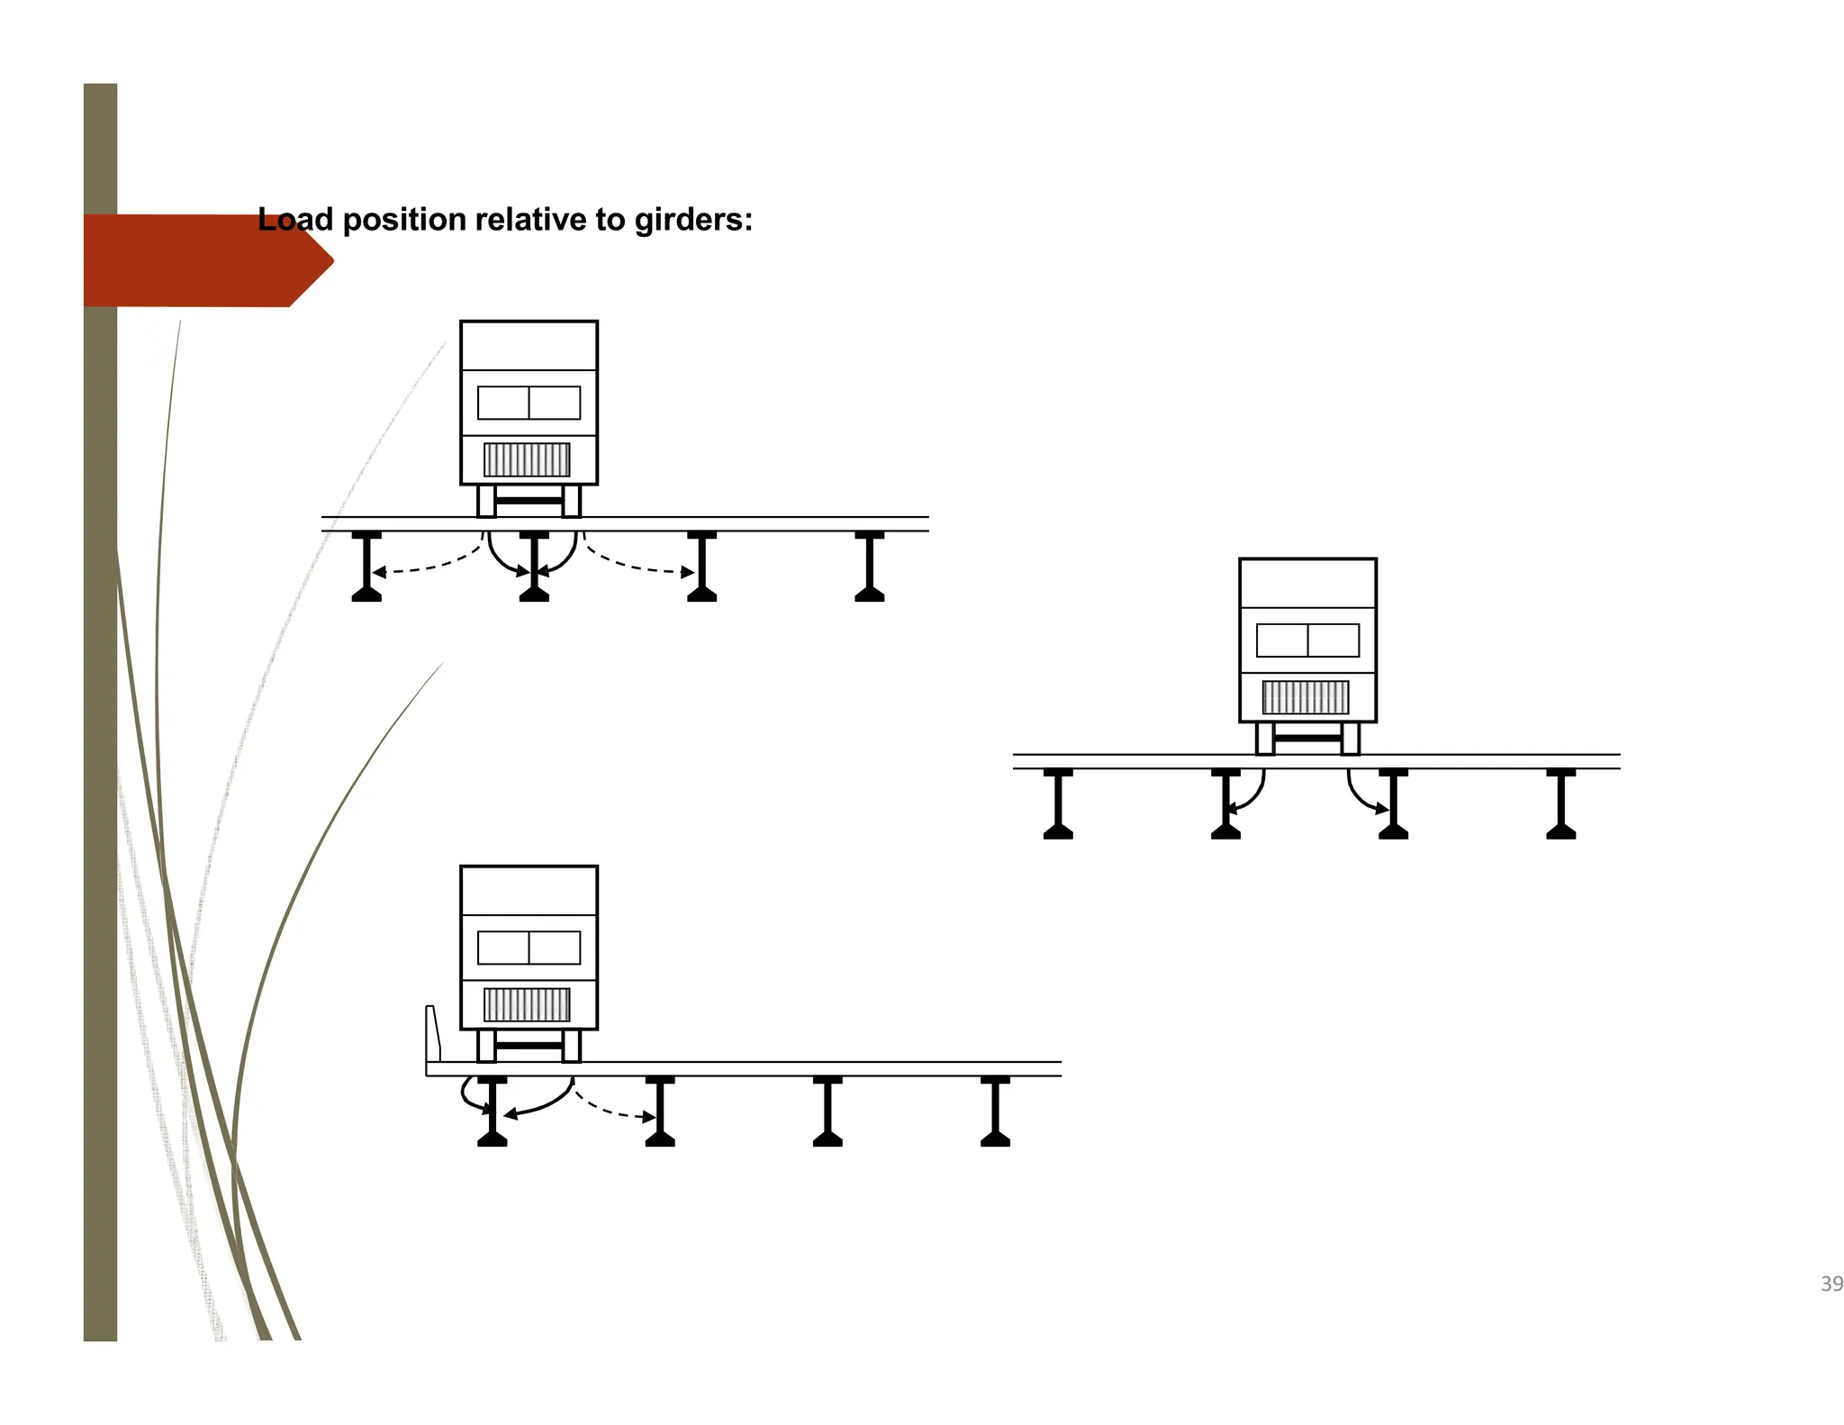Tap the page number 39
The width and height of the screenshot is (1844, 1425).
[1831, 1284]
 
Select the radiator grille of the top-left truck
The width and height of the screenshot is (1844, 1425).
[527, 459]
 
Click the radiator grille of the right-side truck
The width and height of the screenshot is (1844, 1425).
[1306, 697]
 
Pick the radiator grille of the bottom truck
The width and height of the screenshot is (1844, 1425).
[527, 1004]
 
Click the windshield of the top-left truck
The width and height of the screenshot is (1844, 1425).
[529, 403]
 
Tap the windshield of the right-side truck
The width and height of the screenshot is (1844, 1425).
[1307, 640]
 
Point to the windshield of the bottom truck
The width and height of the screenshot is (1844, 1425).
[529, 948]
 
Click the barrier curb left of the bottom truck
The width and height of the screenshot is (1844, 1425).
[433, 1034]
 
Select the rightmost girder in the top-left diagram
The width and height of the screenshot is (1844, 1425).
[869, 567]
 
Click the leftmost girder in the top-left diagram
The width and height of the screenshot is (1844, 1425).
[366, 567]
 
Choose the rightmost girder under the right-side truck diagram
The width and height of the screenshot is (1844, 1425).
[1560, 804]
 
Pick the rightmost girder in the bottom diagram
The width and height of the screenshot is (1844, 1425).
[995, 1112]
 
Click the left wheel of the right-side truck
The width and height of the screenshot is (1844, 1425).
[1265, 739]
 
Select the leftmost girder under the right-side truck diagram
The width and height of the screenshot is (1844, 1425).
[1058, 804]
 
